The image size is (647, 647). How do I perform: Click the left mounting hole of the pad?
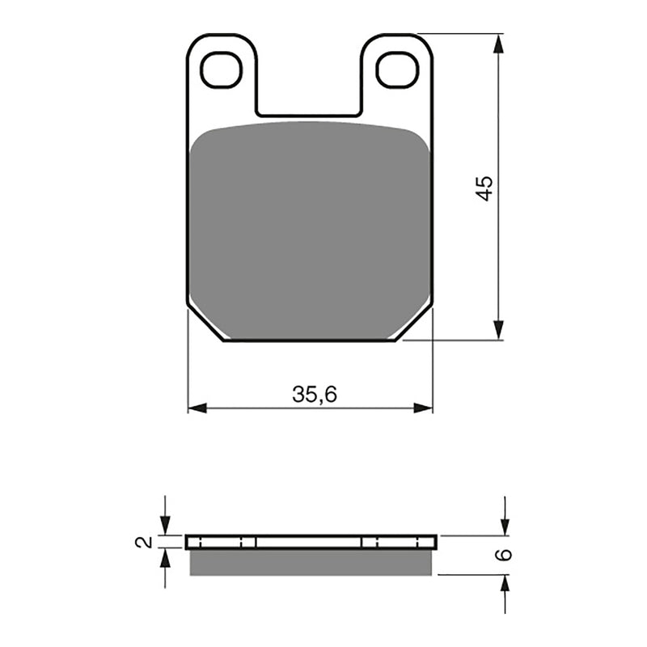click(222, 70)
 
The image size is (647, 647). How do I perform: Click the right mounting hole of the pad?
click(397, 70)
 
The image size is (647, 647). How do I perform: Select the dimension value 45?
click(484, 188)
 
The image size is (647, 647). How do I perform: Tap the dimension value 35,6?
click(315, 395)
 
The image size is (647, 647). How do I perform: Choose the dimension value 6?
click(503, 555)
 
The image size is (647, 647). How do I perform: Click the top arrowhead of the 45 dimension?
click(499, 43)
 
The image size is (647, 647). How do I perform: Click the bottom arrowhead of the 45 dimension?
click(499, 331)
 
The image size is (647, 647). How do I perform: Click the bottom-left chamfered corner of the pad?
click(206, 324)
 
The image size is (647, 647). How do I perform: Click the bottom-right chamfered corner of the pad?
click(414, 324)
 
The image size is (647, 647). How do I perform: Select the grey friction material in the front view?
click(310, 230)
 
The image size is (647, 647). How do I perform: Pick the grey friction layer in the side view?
click(311, 563)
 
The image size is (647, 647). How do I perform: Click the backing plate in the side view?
click(311, 542)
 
